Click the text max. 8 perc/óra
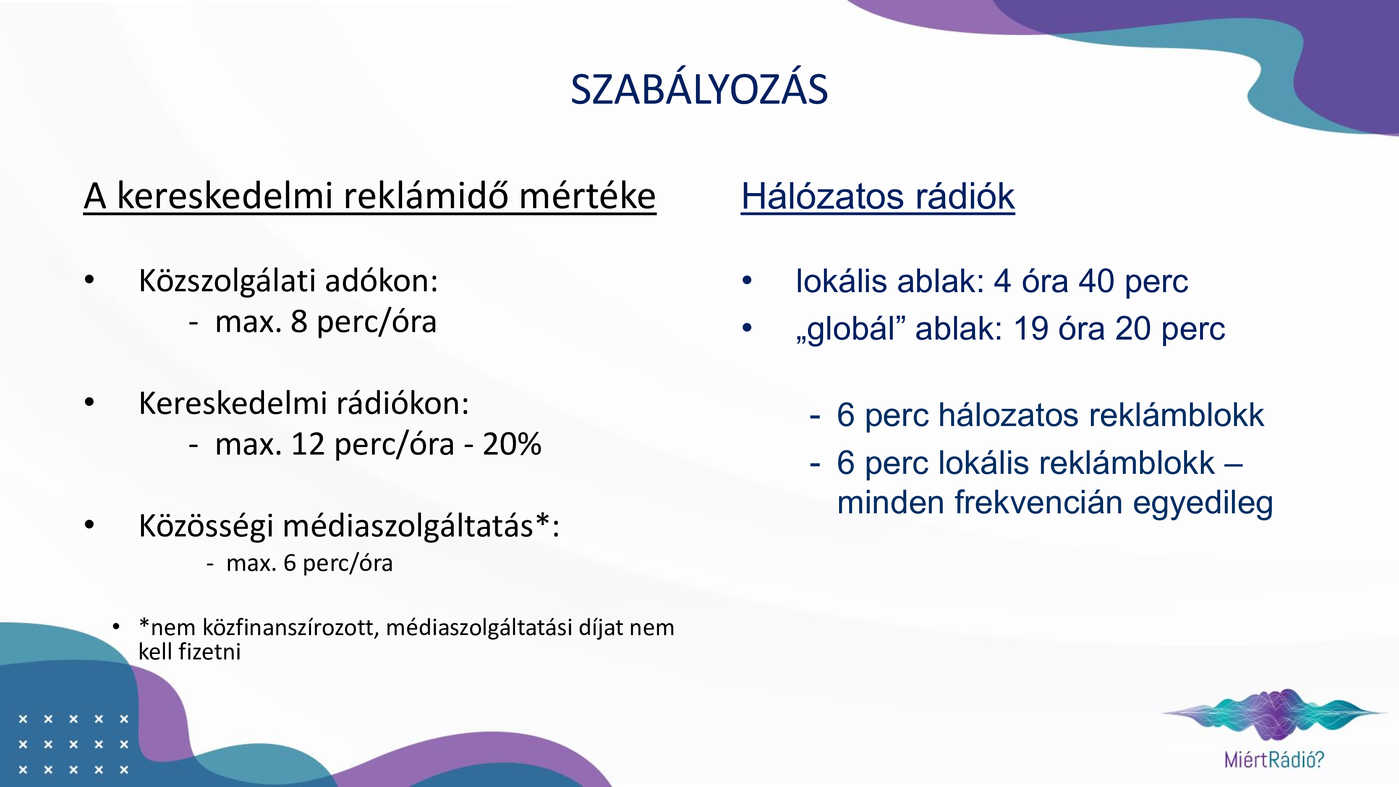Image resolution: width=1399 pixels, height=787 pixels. point(325,322)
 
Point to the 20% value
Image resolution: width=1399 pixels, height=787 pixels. point(512,444)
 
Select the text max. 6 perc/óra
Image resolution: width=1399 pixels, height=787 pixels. point(309,563)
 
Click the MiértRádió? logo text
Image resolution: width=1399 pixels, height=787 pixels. point(1274,759)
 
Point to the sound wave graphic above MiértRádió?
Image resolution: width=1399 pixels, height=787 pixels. point(1274,714)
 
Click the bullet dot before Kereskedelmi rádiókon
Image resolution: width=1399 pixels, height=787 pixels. point(89,403)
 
